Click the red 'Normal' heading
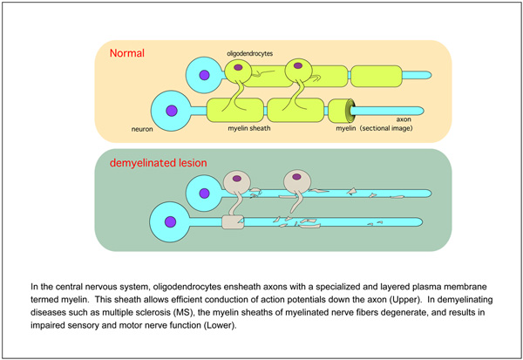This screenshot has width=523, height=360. click(x=126, y=52)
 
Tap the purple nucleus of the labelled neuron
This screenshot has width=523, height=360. click(x=173, y=111)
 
